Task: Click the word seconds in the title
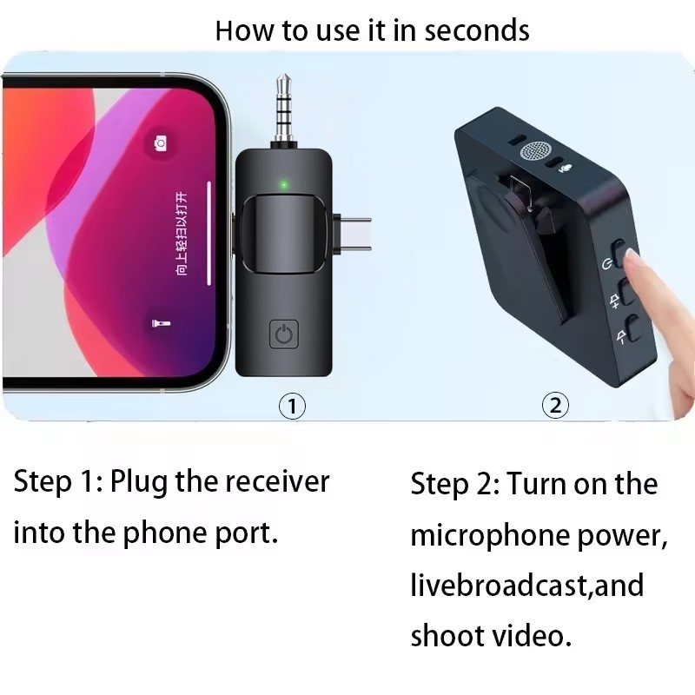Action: click(473, 30)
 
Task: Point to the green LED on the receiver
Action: click(282, 184)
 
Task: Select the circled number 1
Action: click(292, 406)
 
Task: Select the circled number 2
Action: click(555, 405)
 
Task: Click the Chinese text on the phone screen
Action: click(182, 233)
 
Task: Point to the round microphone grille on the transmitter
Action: click(536, 151)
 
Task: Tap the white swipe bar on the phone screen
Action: click(209, 233)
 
